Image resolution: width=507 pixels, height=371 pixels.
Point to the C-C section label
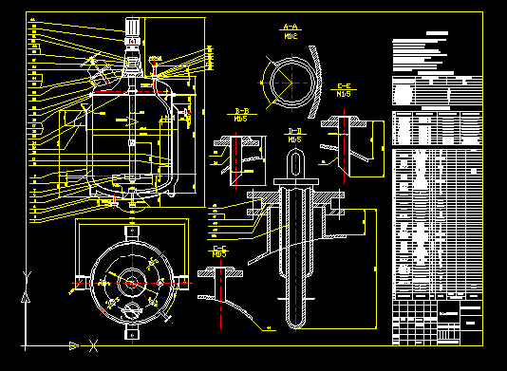(219, 250)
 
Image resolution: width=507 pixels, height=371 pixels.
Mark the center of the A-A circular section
(287, 83)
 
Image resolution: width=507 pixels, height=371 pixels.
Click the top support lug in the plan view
(130, 231)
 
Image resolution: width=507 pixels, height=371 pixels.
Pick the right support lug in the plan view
(178, 281)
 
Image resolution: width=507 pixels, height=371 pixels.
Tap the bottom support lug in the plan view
(130, 331)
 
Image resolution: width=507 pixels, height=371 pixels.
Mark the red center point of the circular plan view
(130, 281)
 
